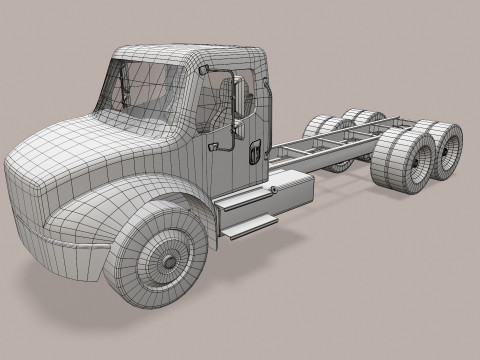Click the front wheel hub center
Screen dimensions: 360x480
click(x=166, y=254)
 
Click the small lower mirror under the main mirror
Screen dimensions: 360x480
click(x=238, y=128)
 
